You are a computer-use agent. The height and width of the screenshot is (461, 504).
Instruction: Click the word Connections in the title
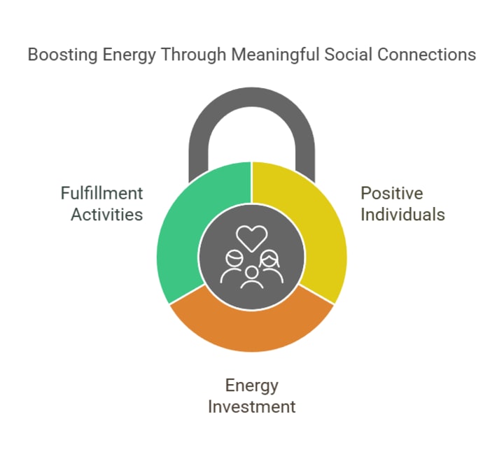419,55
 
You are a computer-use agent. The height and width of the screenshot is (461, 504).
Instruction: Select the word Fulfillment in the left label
102,193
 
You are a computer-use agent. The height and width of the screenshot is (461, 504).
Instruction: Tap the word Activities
107,214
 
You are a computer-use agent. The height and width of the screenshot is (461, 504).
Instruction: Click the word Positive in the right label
392,193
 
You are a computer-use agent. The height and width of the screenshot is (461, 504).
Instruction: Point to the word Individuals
402,214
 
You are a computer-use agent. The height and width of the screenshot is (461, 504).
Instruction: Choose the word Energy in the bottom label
252,385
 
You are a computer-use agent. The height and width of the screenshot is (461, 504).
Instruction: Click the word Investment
252,406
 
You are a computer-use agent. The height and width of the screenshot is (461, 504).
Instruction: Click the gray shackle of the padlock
252,105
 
